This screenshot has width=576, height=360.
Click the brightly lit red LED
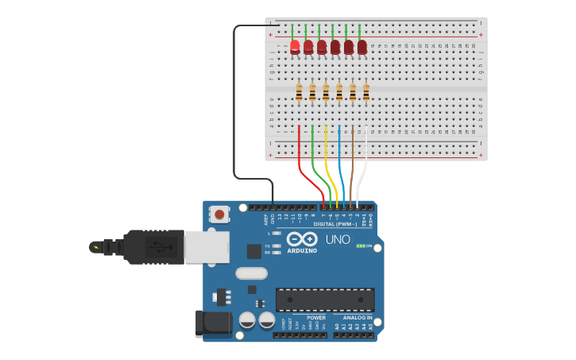coord(295,46)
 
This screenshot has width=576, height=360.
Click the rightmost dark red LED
coord(362,47)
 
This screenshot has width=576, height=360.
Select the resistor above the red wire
coord(299,93)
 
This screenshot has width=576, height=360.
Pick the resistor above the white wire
coord(366,93)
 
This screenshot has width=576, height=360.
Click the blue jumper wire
coord(340,159)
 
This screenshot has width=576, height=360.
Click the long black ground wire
coord(234,103)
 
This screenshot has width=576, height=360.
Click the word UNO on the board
coord(338,239)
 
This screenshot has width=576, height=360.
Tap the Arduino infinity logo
coord(302,239)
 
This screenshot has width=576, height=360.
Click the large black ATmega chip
coord(325,300)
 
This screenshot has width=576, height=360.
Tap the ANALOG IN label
coord(352,318)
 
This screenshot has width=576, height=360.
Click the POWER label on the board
coord(315,318)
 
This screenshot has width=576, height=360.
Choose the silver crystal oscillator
coord(251,273)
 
